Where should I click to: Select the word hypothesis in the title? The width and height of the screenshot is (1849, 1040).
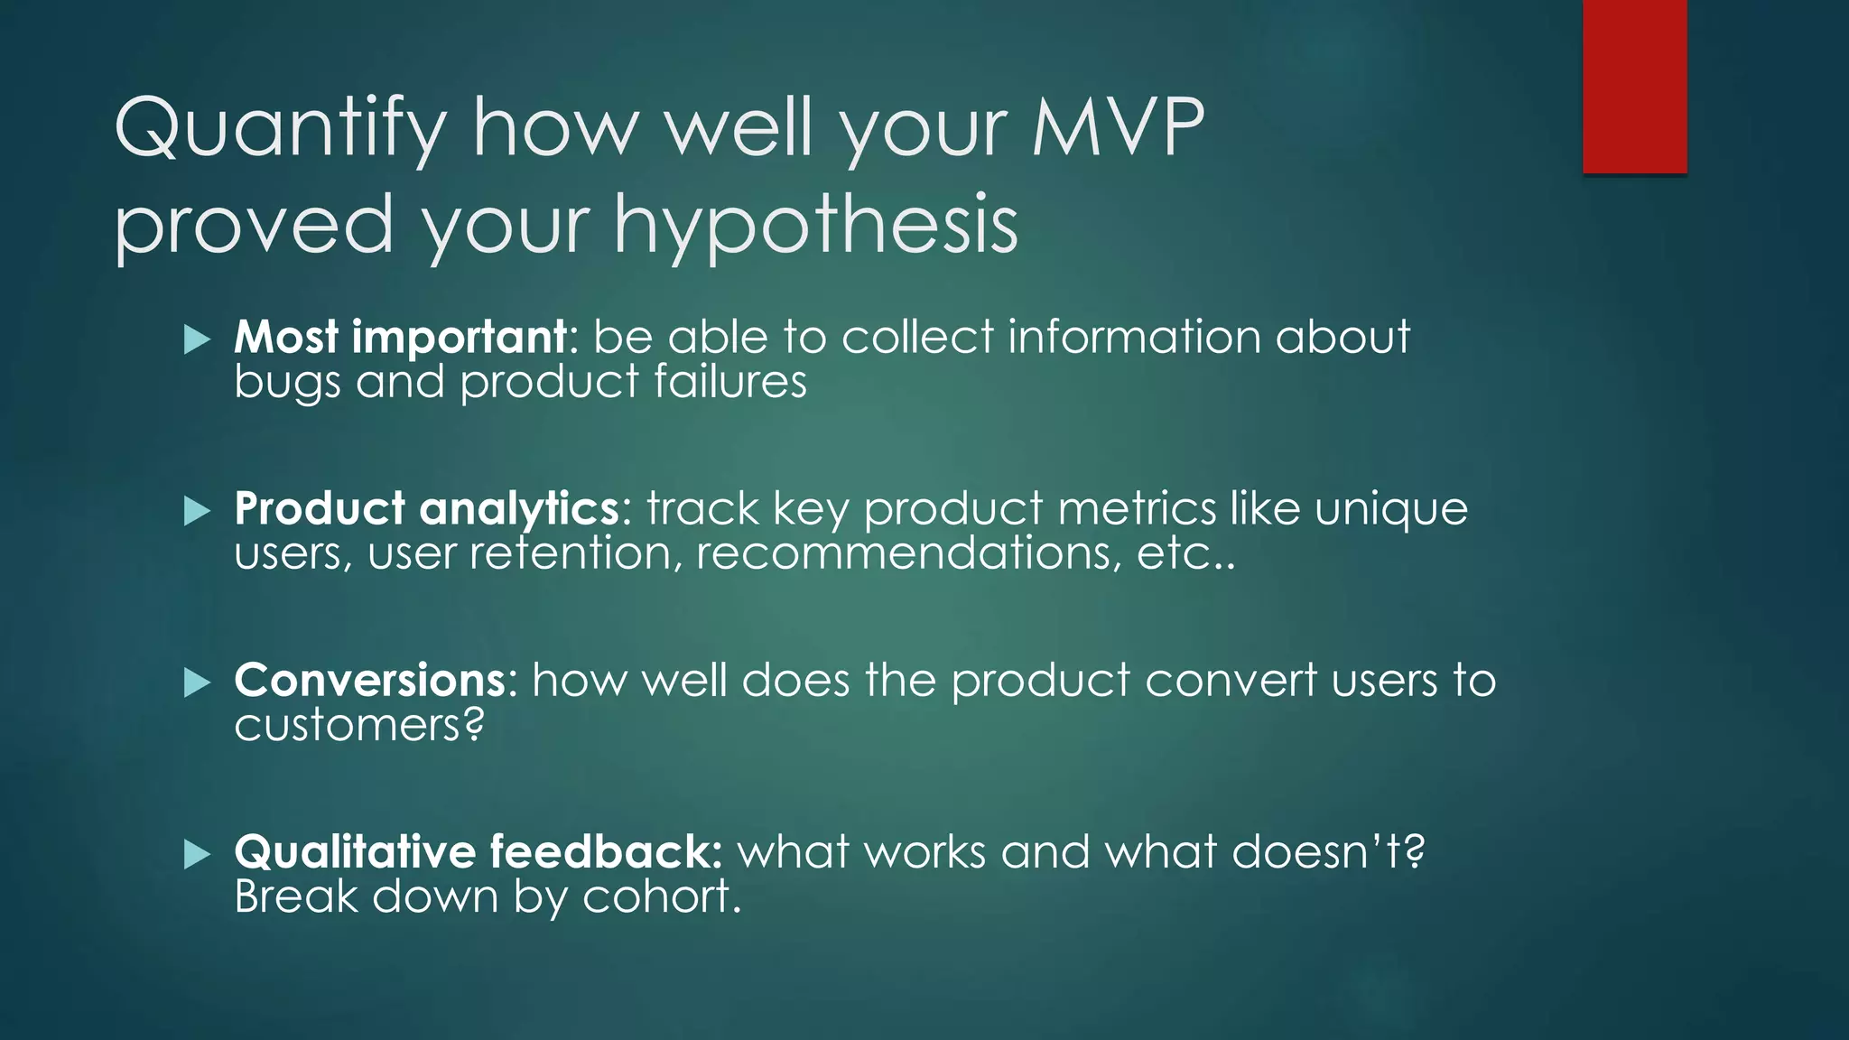click(x=816, y=226)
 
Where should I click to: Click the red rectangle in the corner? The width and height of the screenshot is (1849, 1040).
click(x=1634, y=86)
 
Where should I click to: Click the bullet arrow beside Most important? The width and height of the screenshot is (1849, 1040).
click(x=197, y=340)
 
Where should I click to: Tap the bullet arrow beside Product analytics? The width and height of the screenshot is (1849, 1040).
click(x=197, y=512)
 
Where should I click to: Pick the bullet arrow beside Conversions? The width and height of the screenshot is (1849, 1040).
click(x=197, y=683)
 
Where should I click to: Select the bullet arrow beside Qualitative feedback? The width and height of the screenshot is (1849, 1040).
click(x=197, y=854)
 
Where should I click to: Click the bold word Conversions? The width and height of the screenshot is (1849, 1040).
click(x=370, y=680)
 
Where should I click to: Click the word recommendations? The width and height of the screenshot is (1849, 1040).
click(x=907, y=552)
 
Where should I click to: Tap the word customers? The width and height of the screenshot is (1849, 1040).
click(x=359, y=725)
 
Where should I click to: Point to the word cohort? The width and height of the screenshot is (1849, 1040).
click(x=661, y=896)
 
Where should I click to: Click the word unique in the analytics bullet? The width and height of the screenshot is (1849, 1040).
click(x=1390, y=510)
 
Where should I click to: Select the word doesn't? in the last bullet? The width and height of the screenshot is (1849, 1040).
click(x=1328, y=851)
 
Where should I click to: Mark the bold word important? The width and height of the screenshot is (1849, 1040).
click(x=459, y=339)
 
